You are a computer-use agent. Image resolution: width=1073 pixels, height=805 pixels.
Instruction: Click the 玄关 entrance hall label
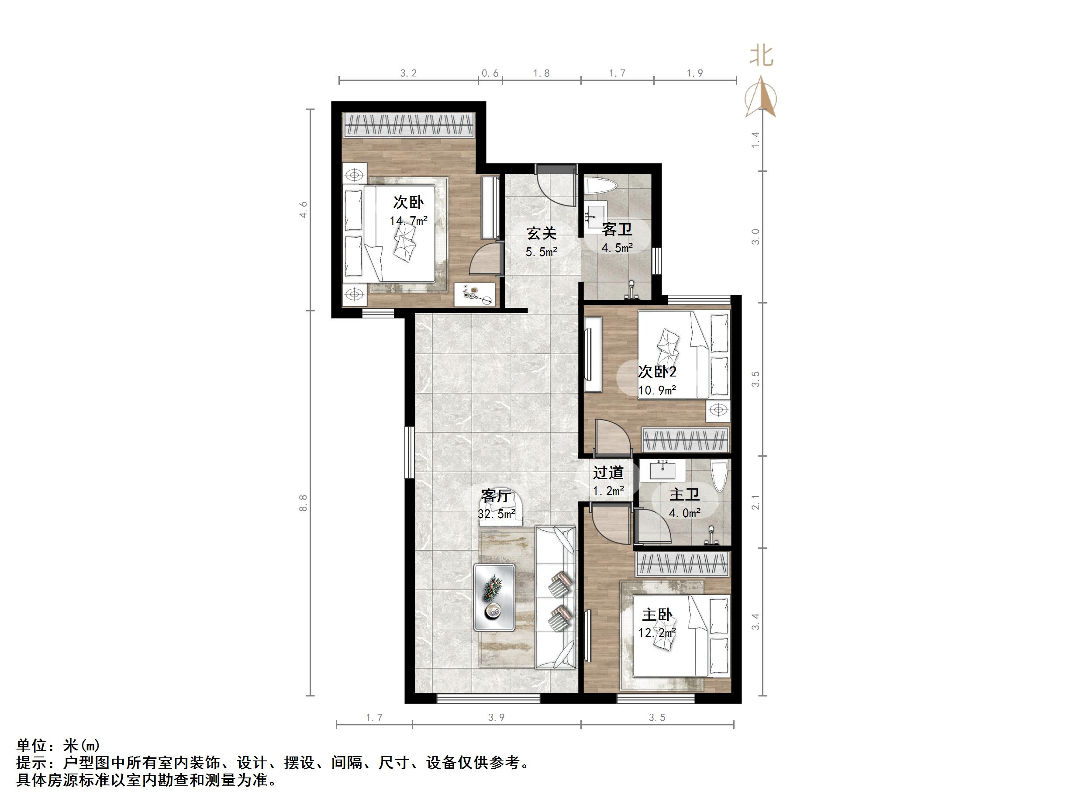[542, 234]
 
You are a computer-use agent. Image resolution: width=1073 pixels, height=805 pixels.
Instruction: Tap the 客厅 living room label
[496, 495]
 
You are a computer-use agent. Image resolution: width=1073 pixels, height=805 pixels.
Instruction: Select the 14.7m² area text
[408, 221]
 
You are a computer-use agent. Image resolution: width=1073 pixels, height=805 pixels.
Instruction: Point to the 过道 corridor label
[608, 472]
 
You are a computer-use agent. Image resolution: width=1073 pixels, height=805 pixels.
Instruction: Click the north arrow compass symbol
[760, 97]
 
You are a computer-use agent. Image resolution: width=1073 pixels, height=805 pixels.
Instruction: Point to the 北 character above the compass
[761, 56]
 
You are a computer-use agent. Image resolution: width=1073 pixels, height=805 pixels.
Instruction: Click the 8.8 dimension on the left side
[304, 503]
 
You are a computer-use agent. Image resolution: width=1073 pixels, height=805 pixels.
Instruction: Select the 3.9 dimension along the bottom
[496, 718]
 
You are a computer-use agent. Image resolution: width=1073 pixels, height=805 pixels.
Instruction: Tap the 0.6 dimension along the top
[490, 73]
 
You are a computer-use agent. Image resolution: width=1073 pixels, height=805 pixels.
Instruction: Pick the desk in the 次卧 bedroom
[135, 294]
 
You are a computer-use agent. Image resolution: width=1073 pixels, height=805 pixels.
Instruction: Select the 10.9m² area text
[657, 390]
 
